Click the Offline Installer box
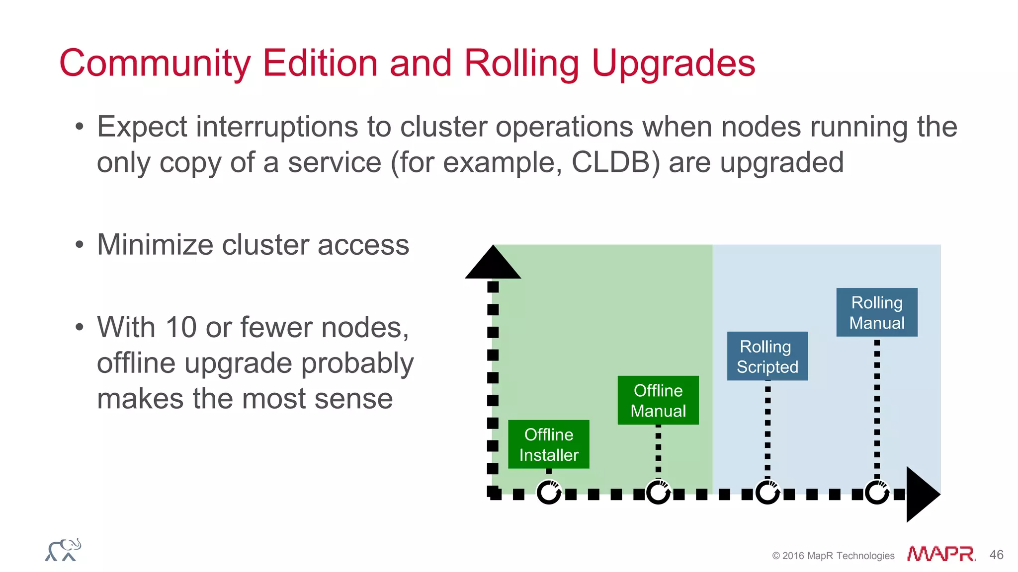pos(548,444)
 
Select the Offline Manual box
pos(658,400)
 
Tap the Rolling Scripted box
pos(767,356)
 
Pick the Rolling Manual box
pos(876,312)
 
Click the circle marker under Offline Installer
pos(549,493)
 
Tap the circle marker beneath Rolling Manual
pos(877,493)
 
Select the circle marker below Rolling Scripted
pos(767,493)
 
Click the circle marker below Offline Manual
pos(658,493)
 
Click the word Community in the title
pos(155,64)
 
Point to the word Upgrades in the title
pos(673,64)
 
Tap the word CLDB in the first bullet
pos(611,162)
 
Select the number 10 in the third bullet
pos(180,328)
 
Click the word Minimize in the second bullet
pos(155,245)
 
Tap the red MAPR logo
pos(940,554)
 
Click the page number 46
pos(996,555)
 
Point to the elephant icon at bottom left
pos(63,550)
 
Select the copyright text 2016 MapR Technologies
pos(838,556)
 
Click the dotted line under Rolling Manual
pos(877,407)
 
